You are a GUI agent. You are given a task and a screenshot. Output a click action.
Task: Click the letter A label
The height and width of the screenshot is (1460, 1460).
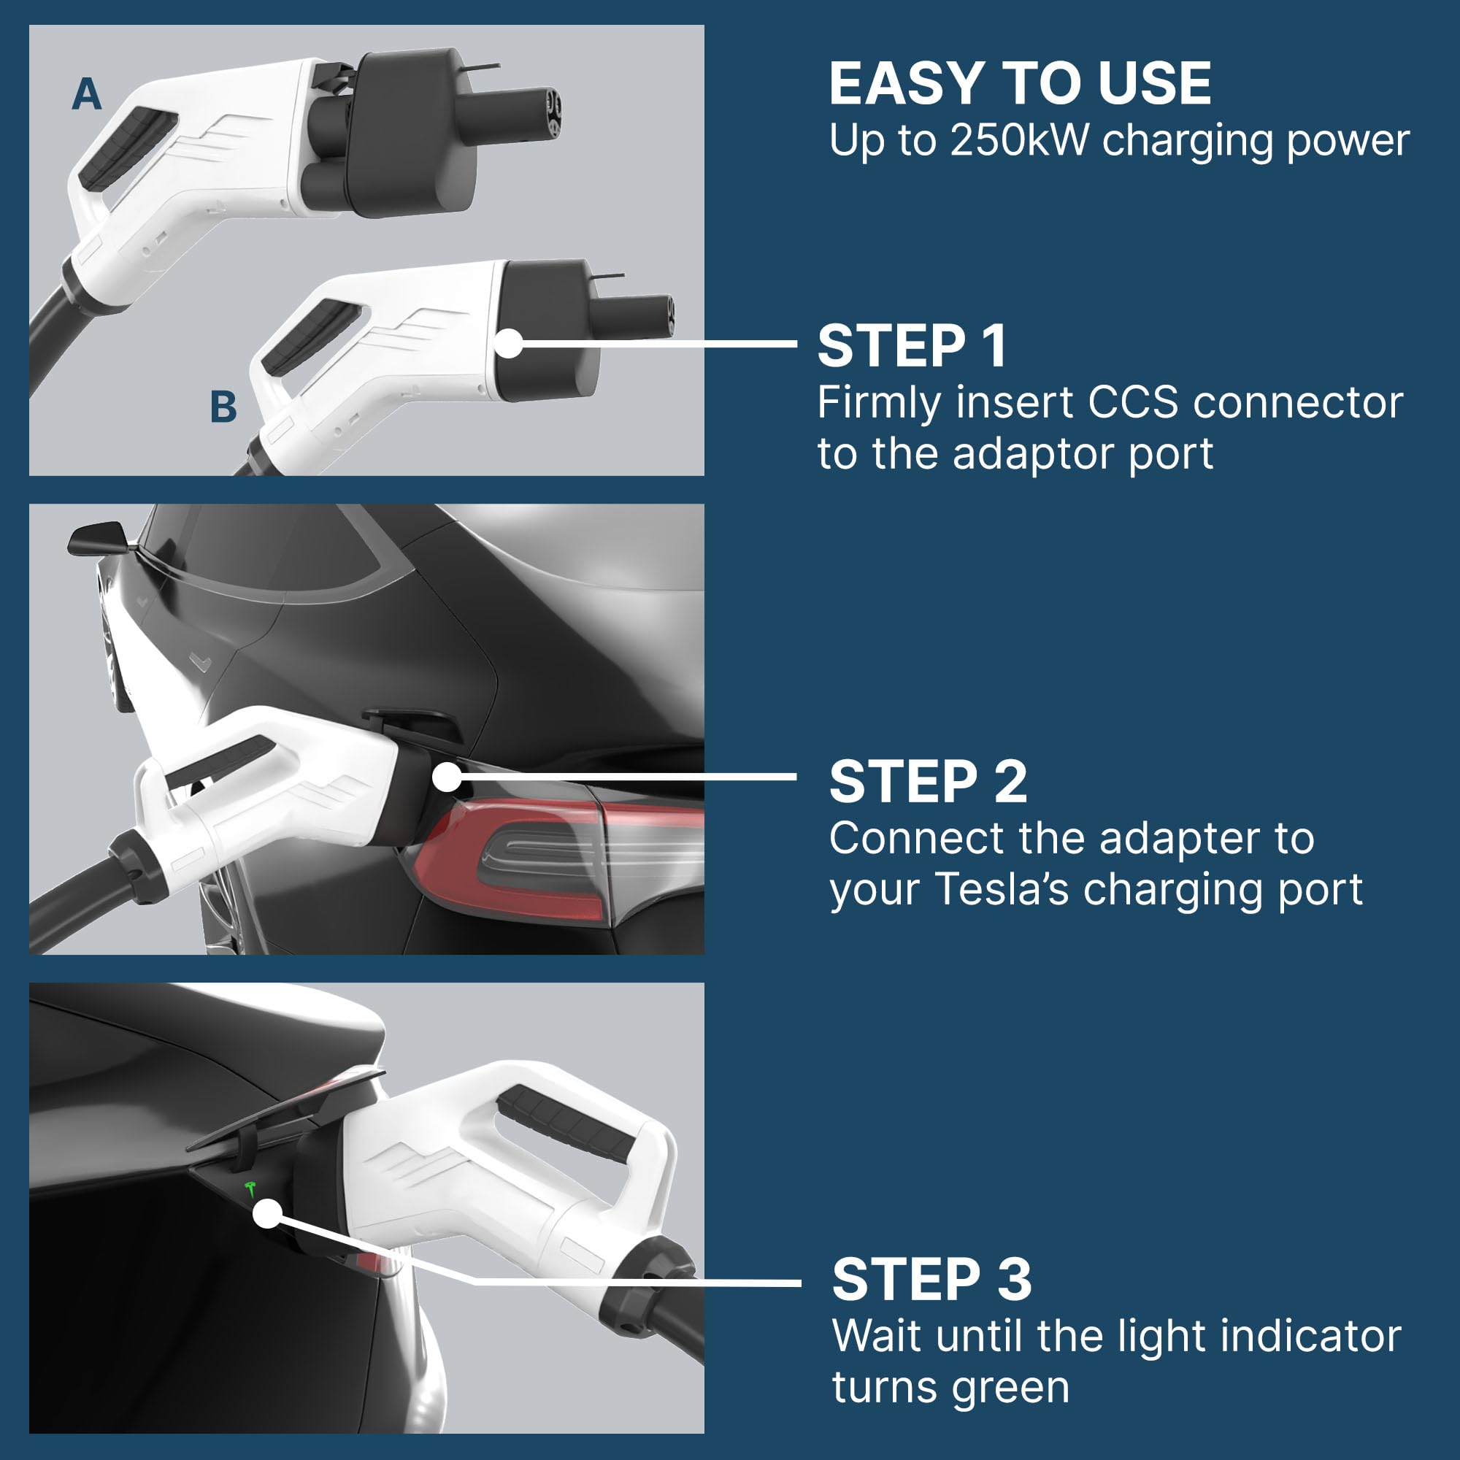[86, 95]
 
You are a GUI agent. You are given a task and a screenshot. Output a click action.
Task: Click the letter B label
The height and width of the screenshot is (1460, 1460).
[223, 407]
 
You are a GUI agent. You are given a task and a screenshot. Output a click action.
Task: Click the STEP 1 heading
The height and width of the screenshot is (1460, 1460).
[911, 347]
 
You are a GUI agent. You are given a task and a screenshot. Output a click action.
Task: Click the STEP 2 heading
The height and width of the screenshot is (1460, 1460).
[927, 781]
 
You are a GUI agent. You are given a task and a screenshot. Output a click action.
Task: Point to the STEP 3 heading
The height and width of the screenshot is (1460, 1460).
[931, 1280]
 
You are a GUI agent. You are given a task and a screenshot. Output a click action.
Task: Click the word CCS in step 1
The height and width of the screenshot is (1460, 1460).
[1132, 403]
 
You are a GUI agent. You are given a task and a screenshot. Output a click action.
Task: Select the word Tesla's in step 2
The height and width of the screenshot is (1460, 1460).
[1002, 888]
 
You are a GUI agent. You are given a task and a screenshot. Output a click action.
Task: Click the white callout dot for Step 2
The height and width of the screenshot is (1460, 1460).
[447, 777]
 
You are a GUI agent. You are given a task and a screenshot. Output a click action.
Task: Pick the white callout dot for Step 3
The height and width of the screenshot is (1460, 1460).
[266, 1215]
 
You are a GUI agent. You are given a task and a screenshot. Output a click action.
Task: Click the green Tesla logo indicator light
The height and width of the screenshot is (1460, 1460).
[252, 1188]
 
